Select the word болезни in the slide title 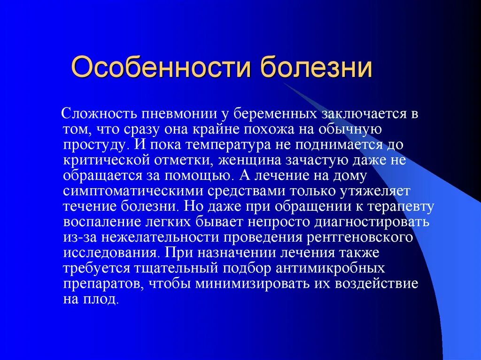317,67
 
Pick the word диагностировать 376,222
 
